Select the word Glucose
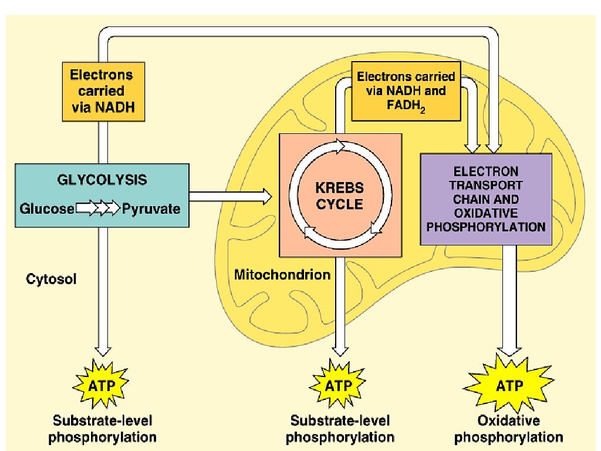pyautogui.click(x=47, y=208)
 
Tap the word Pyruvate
pyautogui.click(x=151, y=208)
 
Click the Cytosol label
pyautogui.click(x=51, y=279)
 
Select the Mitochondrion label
pyautogui.click(x=282, y=274)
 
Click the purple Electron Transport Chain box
pyautogui.click(x=486, y=198)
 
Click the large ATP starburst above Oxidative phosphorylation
pyautogui.click(x=509, y=385)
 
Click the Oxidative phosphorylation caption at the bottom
pyautogui.click(x=509, y=429)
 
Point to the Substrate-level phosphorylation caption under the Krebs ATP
pyautogui.click(x=342, y=429)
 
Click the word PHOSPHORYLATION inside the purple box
pyautogui.click(x=486, y=226)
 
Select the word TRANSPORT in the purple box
pyautogui.click(x=486, y=185)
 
